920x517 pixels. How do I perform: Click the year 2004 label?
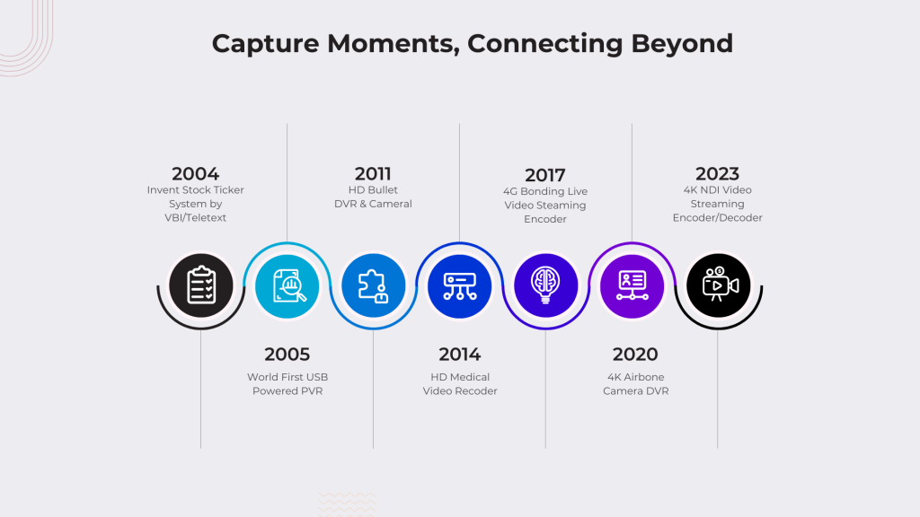(x=195, y=173)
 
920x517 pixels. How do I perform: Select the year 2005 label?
(x=287, y=354)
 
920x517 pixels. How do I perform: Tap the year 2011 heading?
(x=373, y=173)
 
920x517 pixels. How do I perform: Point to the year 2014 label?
(x=459, y=354)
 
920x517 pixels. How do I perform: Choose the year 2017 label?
(x=545, y=175)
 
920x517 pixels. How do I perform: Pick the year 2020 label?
(x=635, y=354)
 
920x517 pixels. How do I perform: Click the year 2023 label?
(x=717, y=173)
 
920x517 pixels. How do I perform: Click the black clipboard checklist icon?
(x=201, y=285)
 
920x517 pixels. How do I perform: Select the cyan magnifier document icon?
(x=287, y=286)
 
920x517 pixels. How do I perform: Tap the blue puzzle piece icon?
(x=373, y=285)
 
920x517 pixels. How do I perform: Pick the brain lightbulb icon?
(x=545, y=285)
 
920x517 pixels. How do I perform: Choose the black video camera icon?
(x=718, y=285)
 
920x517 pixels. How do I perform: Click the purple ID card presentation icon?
(x=632, y=286)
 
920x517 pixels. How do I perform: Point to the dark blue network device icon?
(x=459, y=286)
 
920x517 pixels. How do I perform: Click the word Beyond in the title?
(x=682, y=44)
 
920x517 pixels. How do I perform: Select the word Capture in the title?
(x=265, y=44)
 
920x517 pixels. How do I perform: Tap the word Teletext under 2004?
(x=206, y=217)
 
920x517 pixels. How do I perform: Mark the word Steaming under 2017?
(x=561, y=206)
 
